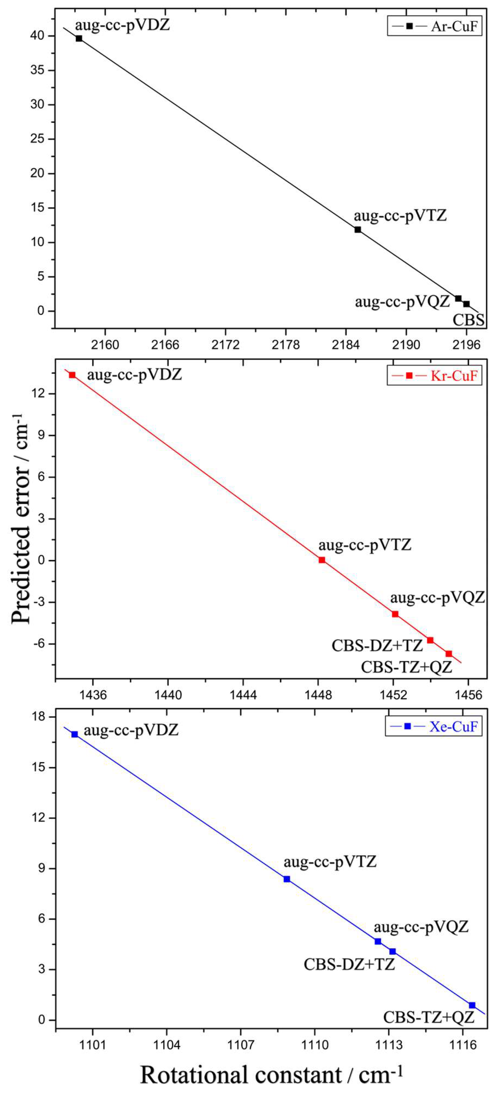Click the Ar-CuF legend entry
[435, 26]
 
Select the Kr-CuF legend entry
[435, 375]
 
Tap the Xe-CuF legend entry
[434, 726]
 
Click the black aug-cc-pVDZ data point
[79, 39]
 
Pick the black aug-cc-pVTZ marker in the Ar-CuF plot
[358, 230]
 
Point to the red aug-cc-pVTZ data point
[322, 560]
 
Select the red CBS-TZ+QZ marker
[448, 654]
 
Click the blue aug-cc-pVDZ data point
[75, 734]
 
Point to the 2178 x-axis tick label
[286, 345]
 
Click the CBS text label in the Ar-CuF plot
[469, 320]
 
